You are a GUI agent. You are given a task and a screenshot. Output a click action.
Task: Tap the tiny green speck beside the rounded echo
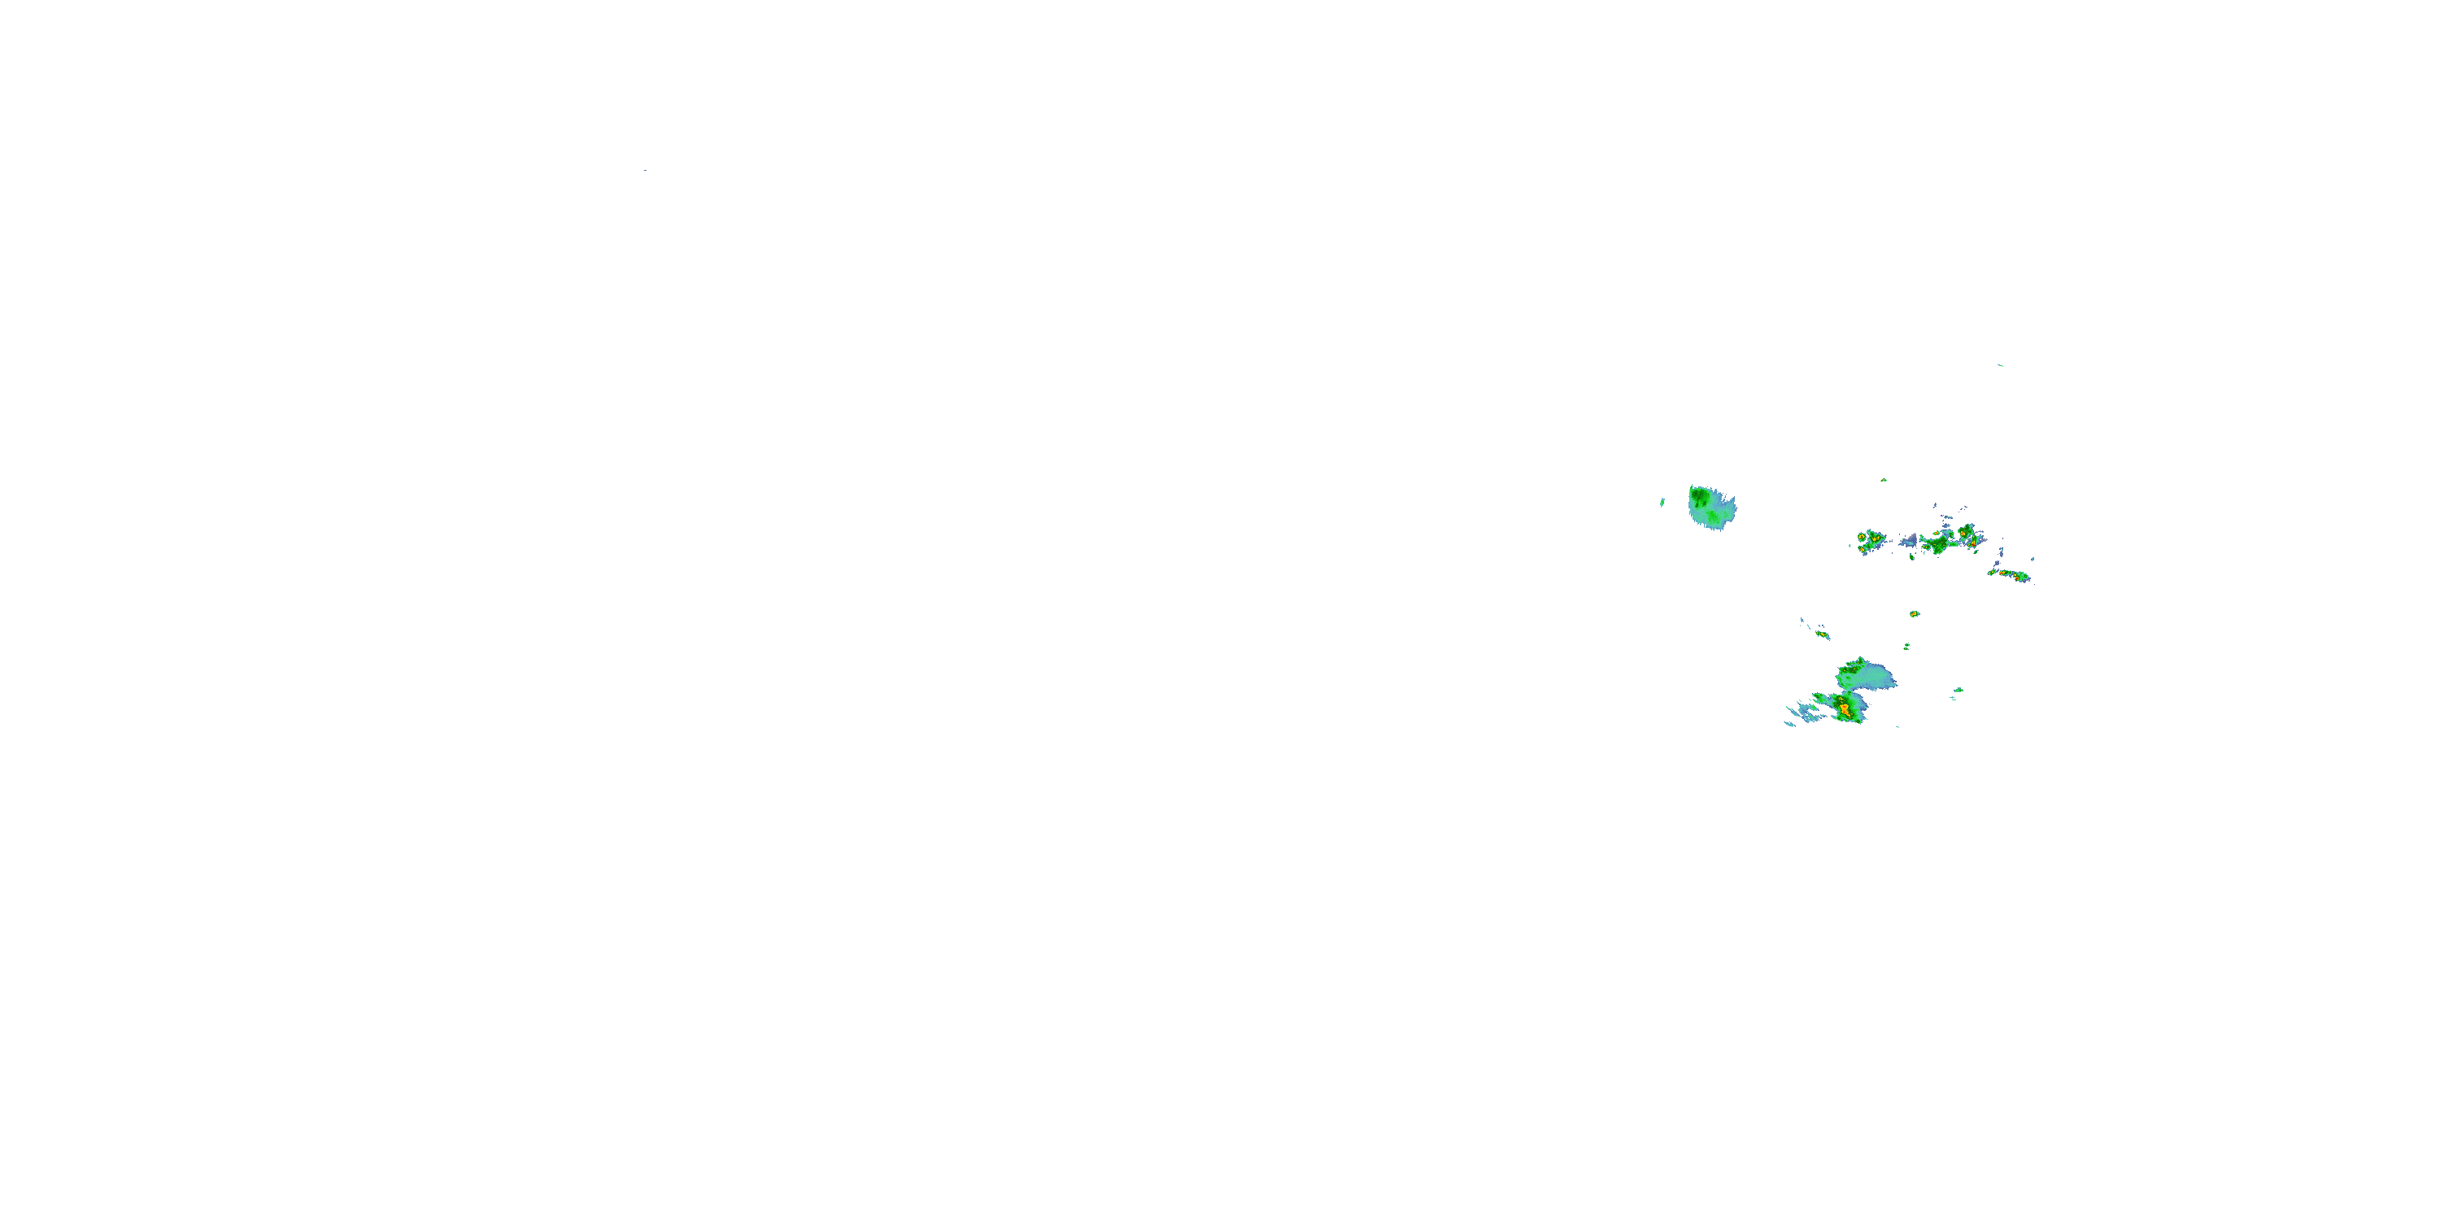click(x=1662, y=502)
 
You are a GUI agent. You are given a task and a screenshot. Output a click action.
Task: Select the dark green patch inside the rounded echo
click(x=1700, y=496)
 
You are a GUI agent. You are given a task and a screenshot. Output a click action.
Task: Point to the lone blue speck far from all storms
click(x=645, y=171)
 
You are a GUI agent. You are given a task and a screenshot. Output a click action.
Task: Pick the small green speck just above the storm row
click(x=1883, y=480)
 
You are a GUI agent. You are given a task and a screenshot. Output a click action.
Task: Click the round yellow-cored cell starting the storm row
click(x=1863, y=537)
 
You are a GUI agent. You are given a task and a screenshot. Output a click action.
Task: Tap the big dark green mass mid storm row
click(x=1939, y=545)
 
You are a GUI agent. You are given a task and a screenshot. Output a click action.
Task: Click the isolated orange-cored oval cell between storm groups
click(x=1915, y=614)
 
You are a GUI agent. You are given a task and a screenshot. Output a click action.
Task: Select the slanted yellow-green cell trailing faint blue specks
click(x=1823, y=634)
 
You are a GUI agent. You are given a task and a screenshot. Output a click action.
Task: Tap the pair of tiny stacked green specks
click(x=1906, y=647)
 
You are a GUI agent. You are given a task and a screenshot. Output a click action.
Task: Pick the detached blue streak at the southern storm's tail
click(x=1791, y=724)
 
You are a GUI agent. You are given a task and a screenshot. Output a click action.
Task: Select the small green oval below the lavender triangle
click(x=1911, y=556)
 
